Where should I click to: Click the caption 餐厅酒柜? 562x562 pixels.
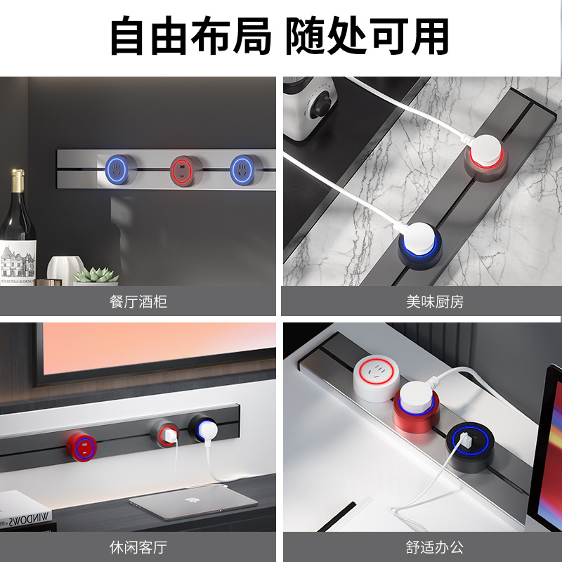(x=138, y=303)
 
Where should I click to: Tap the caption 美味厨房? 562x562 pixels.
(x=435, y=303)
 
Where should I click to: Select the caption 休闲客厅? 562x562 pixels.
(x=138, y=547)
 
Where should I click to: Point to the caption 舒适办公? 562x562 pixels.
(x=435, y=547)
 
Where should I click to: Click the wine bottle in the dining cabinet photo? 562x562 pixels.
(x=17, y=232)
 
